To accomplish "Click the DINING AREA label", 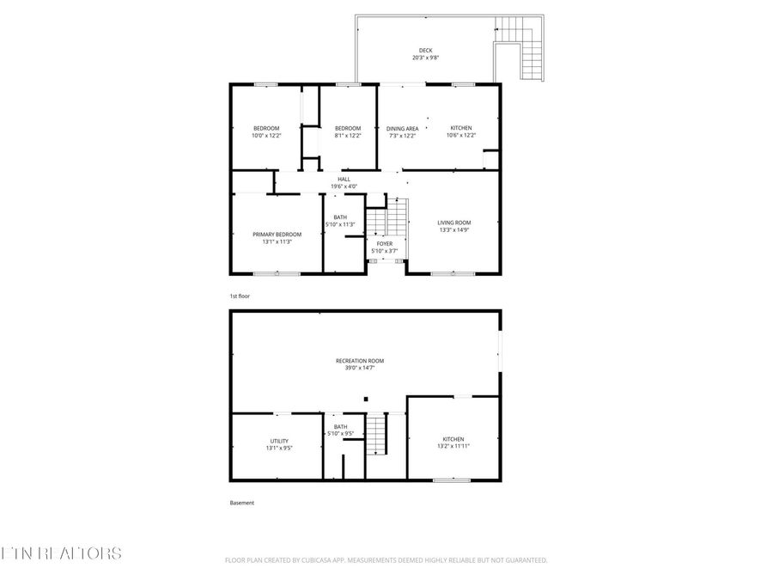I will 402,128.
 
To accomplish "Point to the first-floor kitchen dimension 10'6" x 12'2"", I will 461,135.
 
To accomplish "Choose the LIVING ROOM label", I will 453,223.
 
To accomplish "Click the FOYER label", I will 384,243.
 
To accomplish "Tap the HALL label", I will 344,179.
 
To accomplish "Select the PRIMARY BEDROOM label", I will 277,234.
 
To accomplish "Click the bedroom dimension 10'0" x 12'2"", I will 265,135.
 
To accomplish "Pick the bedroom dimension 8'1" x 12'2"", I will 348,135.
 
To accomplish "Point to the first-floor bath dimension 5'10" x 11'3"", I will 340,224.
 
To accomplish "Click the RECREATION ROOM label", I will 359,360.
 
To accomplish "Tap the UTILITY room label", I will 279,441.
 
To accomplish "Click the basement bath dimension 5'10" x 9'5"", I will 340,434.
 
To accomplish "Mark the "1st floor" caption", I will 239,296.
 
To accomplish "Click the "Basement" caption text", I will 241,503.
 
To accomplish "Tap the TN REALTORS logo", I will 61,553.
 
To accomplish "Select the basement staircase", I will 377,434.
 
